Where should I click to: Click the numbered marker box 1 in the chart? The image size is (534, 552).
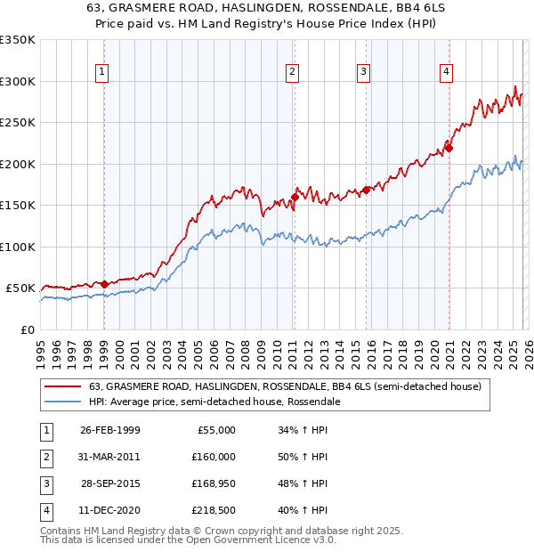[102, 73]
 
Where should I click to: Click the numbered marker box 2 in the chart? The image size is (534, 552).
[292, 73]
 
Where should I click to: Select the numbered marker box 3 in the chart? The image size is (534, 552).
[364, 73]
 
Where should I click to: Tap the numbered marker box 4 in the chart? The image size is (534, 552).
[445, 73]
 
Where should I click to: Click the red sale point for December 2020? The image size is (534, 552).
[449, 148]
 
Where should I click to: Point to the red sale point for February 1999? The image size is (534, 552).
[105, 284]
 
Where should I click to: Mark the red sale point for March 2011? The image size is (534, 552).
[295, 197]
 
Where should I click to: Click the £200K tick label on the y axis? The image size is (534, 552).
[18, 164]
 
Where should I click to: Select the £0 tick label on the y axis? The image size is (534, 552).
[27, 329]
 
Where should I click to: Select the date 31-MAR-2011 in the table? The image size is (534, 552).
[109, 456]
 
